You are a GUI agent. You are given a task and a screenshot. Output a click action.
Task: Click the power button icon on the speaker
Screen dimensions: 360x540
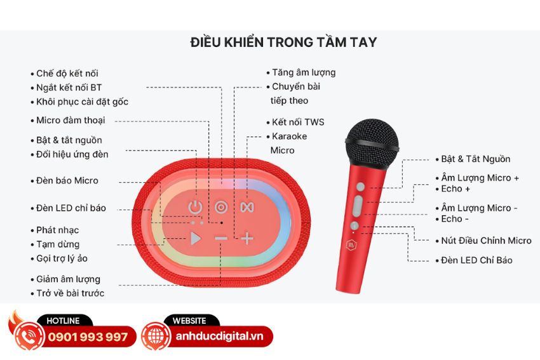pos(196,207)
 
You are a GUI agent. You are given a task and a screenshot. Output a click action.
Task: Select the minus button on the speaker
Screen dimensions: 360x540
pos(220,239)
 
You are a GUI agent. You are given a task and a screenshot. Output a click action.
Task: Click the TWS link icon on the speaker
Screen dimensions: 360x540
pos(246,207)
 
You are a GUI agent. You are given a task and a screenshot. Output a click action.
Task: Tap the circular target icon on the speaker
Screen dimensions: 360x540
pos(220,207)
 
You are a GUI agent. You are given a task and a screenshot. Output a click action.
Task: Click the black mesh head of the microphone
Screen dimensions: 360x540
pos(372,142)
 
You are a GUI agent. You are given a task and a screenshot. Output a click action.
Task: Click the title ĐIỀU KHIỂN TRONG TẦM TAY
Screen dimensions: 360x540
pos(283,43)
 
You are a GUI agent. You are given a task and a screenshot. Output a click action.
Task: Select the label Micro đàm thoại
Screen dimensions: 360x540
pos(71,120)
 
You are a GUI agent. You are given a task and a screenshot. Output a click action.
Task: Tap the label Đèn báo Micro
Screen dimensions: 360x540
pos(67,180)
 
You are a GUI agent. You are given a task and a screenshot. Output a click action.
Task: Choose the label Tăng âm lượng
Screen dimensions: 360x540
pos(304,72)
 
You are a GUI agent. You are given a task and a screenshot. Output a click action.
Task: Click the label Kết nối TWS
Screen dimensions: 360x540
pos(298,121)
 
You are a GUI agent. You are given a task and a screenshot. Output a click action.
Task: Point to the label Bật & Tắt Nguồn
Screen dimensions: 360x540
pos(476,159)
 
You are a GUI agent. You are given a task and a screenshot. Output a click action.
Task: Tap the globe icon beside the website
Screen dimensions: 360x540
pos(154,336)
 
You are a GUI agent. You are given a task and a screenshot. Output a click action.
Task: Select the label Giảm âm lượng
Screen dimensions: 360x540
pos(68,279)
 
